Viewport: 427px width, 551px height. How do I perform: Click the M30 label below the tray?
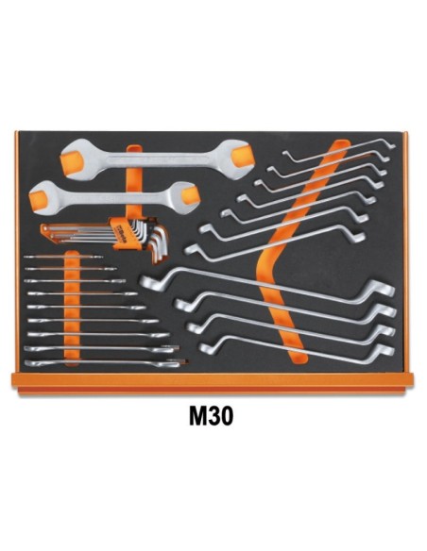click(x=211, y=416)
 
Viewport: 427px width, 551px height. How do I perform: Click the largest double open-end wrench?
click(x=157, y=159)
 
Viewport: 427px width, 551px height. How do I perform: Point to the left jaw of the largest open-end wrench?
click(x=75, y=159)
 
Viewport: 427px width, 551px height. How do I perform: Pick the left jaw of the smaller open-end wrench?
click(x=42, y=197)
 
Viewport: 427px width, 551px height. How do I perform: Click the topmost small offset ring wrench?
click(x=339, y=151)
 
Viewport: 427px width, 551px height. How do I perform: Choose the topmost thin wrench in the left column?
click(x=63, y=257)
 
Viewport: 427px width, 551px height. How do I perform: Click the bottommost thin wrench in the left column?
click(x=106, y=363)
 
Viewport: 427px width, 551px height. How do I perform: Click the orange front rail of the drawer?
click(x=213, y=384)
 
